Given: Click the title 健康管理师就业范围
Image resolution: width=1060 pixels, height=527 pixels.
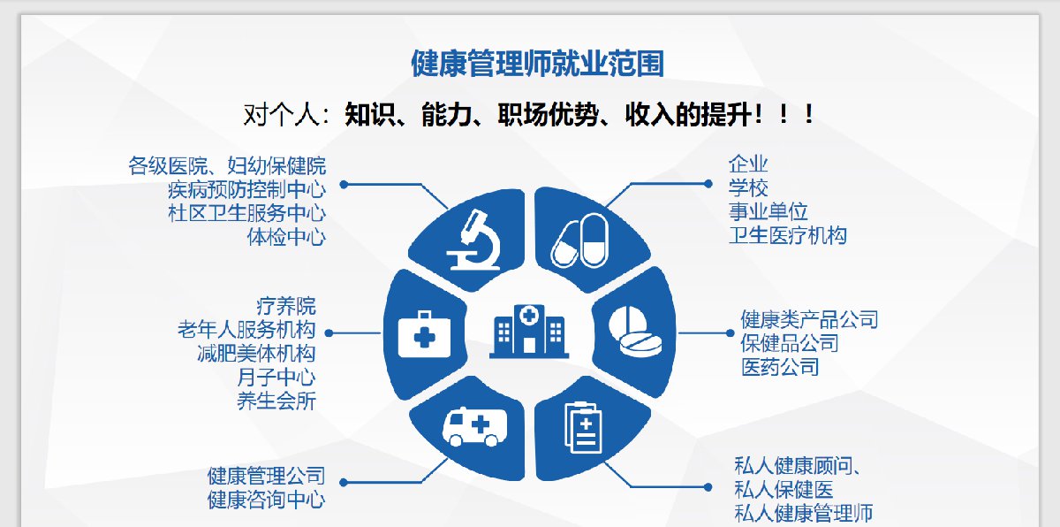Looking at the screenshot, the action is pos(538,64).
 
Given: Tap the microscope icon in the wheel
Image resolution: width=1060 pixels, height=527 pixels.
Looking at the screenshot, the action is pos(474,240).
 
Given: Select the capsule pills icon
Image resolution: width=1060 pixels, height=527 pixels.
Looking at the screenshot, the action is pos(580,241).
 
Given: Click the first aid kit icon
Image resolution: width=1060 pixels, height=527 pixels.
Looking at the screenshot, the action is pos(424,334).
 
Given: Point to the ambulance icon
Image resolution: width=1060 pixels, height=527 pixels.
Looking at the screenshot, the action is pos(474,426).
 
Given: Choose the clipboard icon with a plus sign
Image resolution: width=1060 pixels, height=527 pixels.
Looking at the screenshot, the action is pos(584,427).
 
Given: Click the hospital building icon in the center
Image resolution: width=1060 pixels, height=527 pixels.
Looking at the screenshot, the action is pos(529,332).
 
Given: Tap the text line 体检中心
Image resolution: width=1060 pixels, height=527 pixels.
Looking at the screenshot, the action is pos(286,237).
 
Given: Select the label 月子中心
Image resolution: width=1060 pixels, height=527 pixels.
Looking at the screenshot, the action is pos(276,378).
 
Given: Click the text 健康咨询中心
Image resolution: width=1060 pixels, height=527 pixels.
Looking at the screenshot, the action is pos(267,500).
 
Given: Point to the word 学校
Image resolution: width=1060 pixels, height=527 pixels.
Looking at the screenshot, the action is pos(748,188).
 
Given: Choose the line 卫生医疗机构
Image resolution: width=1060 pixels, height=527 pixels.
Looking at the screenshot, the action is pos(788,235).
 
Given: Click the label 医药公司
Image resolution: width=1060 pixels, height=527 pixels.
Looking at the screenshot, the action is pos(780,367).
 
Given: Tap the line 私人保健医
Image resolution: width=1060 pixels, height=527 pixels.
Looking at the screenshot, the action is pos(784,490).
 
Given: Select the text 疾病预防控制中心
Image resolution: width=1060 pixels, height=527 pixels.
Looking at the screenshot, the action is pos(247,189).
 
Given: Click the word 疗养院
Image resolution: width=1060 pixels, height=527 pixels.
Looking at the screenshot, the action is pos(286,306).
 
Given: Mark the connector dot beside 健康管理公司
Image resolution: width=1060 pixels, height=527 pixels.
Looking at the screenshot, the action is pos(344,483).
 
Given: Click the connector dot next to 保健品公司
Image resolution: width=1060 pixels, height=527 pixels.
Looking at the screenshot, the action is pos(731,333).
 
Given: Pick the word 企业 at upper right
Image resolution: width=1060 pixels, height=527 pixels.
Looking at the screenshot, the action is pos(748,164).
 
